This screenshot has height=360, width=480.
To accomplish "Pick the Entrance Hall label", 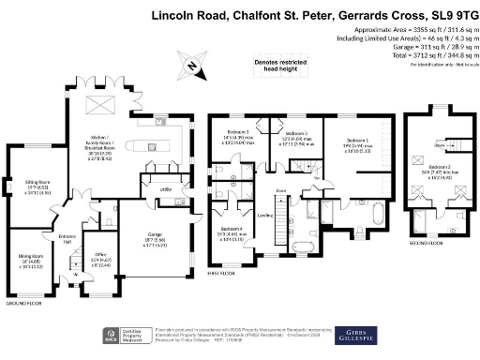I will click(67, 238).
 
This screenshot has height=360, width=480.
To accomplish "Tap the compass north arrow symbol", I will click(191, 67).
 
